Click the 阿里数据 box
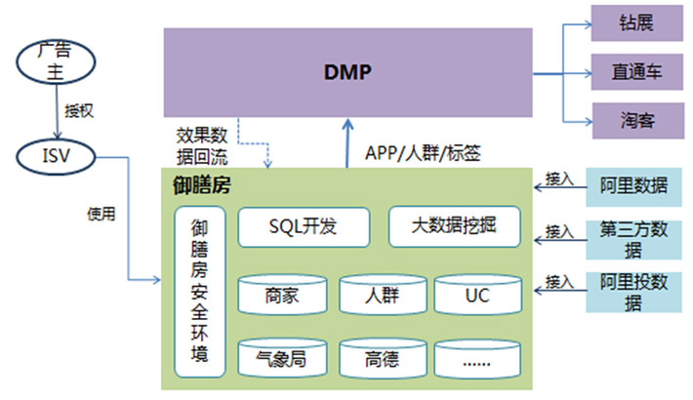633,185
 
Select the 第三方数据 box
633,239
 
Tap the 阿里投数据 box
633,292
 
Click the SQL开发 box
303,226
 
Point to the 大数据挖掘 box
454,226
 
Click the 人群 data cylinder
382,296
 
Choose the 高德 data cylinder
382,359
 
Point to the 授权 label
78,110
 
